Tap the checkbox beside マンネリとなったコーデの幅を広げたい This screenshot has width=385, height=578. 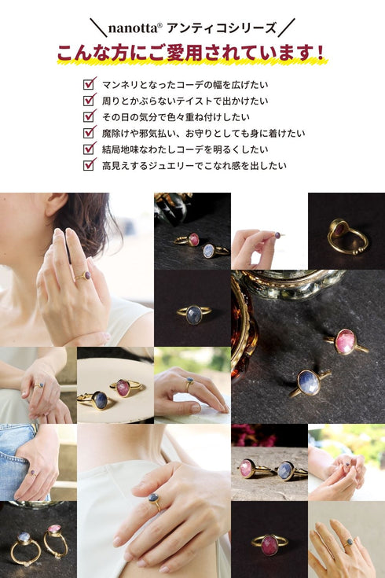(x=89, y=84)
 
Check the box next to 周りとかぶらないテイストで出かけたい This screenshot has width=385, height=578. (x=89, y=101)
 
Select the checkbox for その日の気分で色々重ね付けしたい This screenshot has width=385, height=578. (x=89, y=117)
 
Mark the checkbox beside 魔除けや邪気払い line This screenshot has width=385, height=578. (x=89, y=133)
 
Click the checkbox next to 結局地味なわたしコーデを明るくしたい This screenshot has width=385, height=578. (x=89, y=149)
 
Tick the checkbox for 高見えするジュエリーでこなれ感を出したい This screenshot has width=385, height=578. (x=89, y=165)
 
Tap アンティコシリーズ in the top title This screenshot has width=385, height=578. (x=222, y=28)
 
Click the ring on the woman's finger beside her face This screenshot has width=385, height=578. (x=83, y=276)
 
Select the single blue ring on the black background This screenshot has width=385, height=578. (x=194, y=315)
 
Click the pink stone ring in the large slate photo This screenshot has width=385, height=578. (x=346, y=342)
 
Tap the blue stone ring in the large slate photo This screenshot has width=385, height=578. (x=309, y=384)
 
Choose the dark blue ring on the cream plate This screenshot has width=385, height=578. (x=97, y=401)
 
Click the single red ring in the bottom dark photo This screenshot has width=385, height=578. (x=269, y=545)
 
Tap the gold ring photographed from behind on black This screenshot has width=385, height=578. (x=347, y=237)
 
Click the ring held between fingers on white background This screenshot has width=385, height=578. (x=278, y=235)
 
